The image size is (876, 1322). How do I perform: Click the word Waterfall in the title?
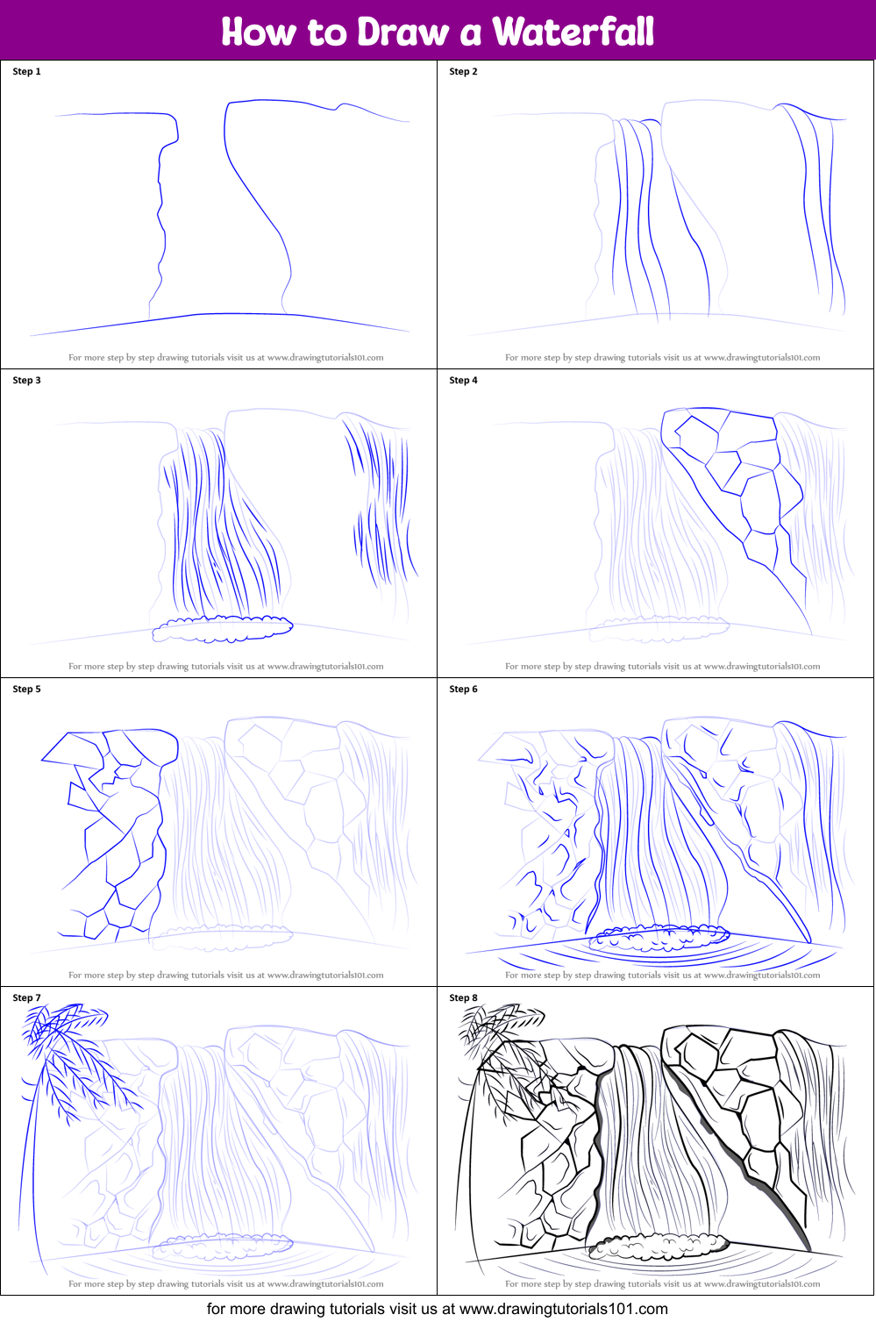coord(573,32)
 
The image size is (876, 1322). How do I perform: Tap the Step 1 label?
coord(26,71)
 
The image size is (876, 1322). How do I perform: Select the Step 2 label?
coord(463,71)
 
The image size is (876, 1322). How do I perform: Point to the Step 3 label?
coord(26,380)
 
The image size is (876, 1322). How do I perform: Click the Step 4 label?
coord(463,380)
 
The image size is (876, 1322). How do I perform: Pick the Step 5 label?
coord(26,689)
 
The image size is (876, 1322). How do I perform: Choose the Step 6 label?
coord(463,689)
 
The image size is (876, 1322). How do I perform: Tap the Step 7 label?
coord(26,997)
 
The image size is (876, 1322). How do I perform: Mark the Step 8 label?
coord(463,997)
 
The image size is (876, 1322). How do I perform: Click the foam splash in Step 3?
coord(223,628)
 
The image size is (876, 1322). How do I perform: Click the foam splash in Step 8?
coord(659,1246)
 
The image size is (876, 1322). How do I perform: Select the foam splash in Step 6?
coord(659,937)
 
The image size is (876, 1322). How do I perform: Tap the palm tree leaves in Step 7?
coord(76,1056)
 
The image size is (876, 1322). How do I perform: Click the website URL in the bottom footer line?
coord(563,1309)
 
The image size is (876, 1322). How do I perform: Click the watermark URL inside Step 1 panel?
coord(325,358)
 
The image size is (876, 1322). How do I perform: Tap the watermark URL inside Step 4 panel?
coord(761,667)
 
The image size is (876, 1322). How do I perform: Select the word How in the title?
coord(258,32)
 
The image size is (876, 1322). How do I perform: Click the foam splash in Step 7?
coord(223,1246)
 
